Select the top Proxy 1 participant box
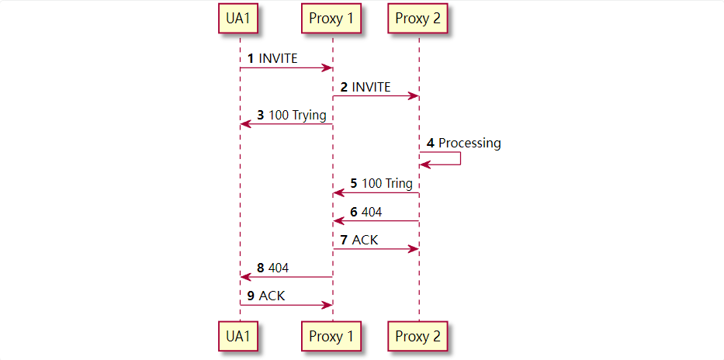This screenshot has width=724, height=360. point(331,19)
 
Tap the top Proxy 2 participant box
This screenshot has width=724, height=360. point(417,19)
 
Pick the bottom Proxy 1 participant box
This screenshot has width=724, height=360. point(331,336)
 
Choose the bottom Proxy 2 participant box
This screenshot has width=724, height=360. point(417,336)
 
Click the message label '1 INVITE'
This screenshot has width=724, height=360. point(272,58)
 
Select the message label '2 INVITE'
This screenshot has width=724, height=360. point(365,87)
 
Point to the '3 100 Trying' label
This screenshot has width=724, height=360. point(292,115)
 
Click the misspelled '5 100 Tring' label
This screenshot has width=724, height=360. point(382,184)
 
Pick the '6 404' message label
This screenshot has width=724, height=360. point(366,212)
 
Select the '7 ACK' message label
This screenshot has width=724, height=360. point(359,240)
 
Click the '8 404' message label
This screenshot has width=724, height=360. point(273,268)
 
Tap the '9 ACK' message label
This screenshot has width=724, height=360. point(266,296)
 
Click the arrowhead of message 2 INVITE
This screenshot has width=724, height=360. point(414,96)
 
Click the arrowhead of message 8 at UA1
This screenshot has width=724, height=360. point(245,277)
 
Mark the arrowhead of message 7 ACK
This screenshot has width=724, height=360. point(414,249)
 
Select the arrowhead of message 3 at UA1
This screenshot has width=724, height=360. point(245,124)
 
